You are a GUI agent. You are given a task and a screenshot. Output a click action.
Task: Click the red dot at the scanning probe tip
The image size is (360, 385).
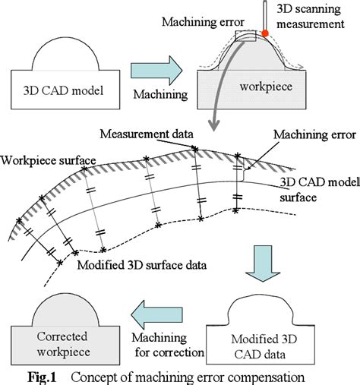[266, 33]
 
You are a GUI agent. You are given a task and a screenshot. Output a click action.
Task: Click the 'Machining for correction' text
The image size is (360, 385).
[165, 345]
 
